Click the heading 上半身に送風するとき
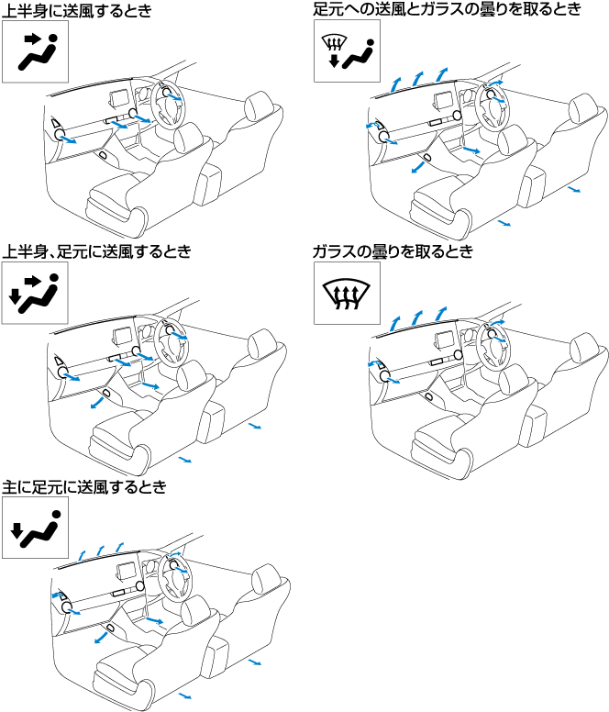(77, 10)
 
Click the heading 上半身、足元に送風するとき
(96, 250)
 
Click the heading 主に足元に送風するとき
(84, 487)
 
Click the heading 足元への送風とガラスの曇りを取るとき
(447, 9)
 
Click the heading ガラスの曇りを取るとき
(393, 251)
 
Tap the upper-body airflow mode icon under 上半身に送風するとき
(36, 51)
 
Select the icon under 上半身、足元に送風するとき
(35, 293)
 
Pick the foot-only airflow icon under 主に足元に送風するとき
(36, 528)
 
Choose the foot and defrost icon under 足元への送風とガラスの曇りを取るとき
(348, 50)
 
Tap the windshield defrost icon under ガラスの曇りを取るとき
(348, 293)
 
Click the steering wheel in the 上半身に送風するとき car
(170, 105)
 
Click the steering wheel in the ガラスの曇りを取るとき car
(493, 346)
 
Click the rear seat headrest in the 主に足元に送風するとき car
(266, 579)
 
